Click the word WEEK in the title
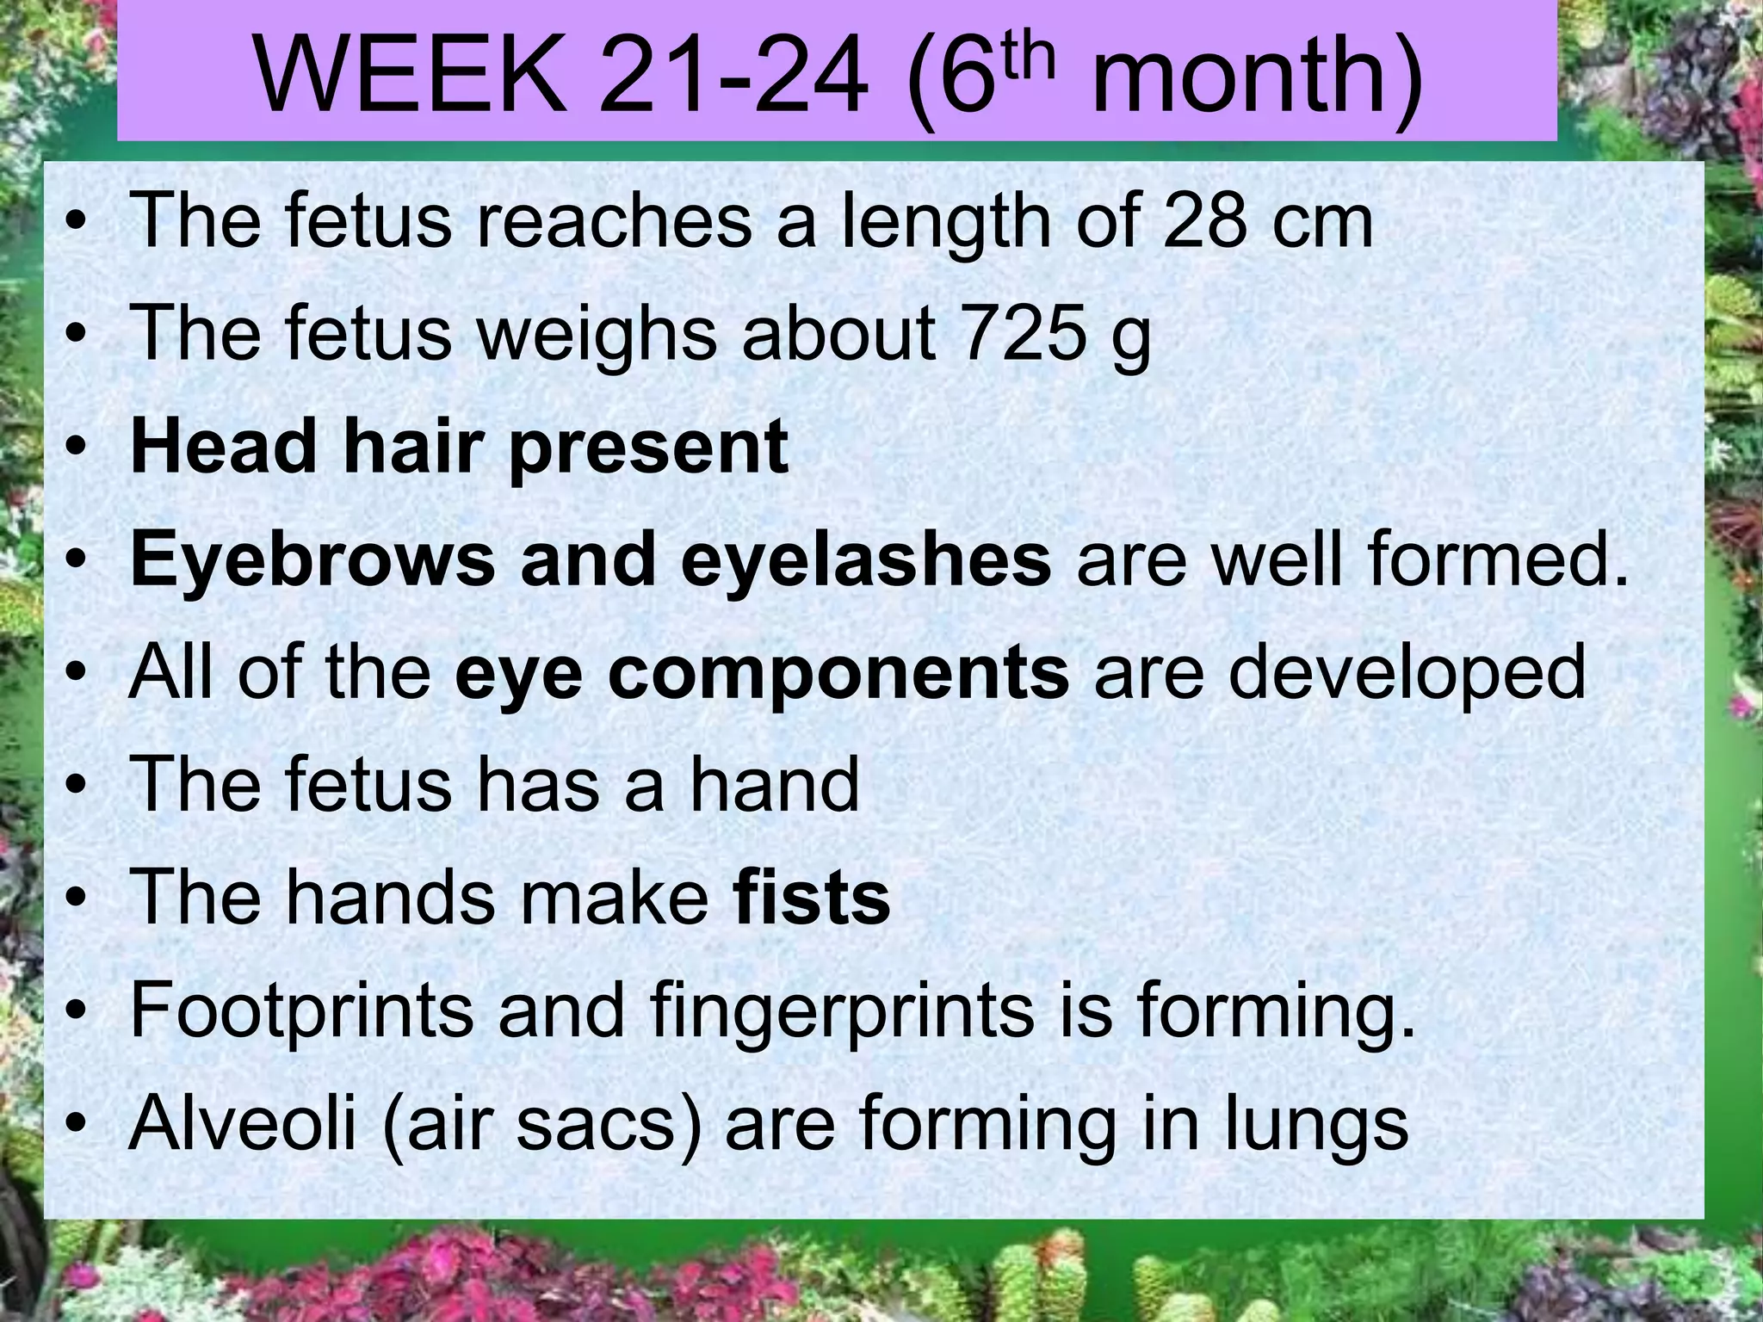412,77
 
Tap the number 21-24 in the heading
733,77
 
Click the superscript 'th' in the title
1024,53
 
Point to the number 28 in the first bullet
1204,221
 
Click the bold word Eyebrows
312,561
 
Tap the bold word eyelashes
866,561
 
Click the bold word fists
811,899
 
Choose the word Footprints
301,1012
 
